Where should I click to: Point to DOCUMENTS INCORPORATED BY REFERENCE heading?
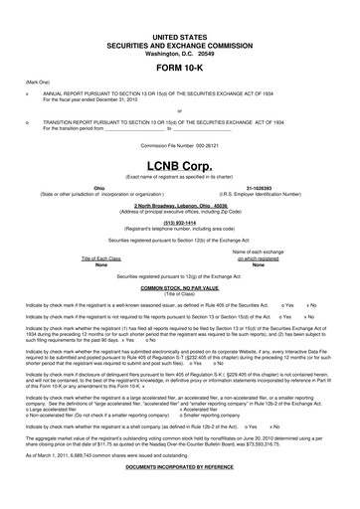pos(180,494)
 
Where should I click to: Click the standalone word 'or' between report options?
pos(180,111)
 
